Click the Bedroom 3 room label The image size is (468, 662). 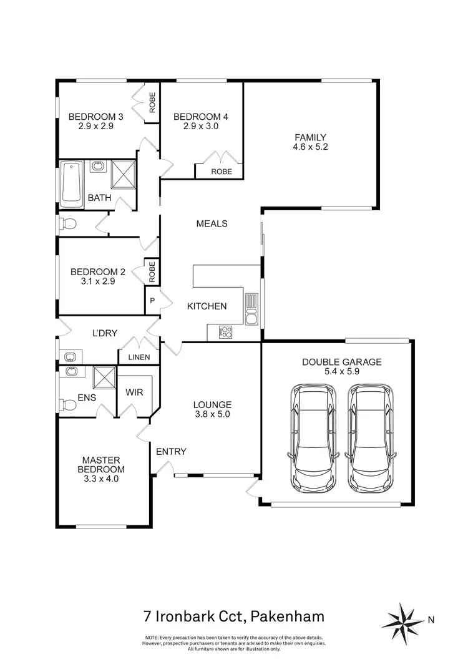click(95, 117)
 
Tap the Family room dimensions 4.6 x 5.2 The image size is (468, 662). click(310, 148)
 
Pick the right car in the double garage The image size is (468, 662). click(370, 439)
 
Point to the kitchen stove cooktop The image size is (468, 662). click(225, 333)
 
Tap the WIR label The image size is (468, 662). click(135, 393)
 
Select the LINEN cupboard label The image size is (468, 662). click(139, 357)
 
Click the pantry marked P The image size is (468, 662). click(152, 301)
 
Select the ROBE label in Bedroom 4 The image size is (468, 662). click(221, 172)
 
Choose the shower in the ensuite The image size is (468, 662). click(104, 377)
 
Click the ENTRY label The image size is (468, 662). click(171, 452)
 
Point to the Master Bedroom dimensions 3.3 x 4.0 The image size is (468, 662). click(101, 479)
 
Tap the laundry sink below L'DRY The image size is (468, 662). click(69, 357)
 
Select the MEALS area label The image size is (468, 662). click(212, 223)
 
